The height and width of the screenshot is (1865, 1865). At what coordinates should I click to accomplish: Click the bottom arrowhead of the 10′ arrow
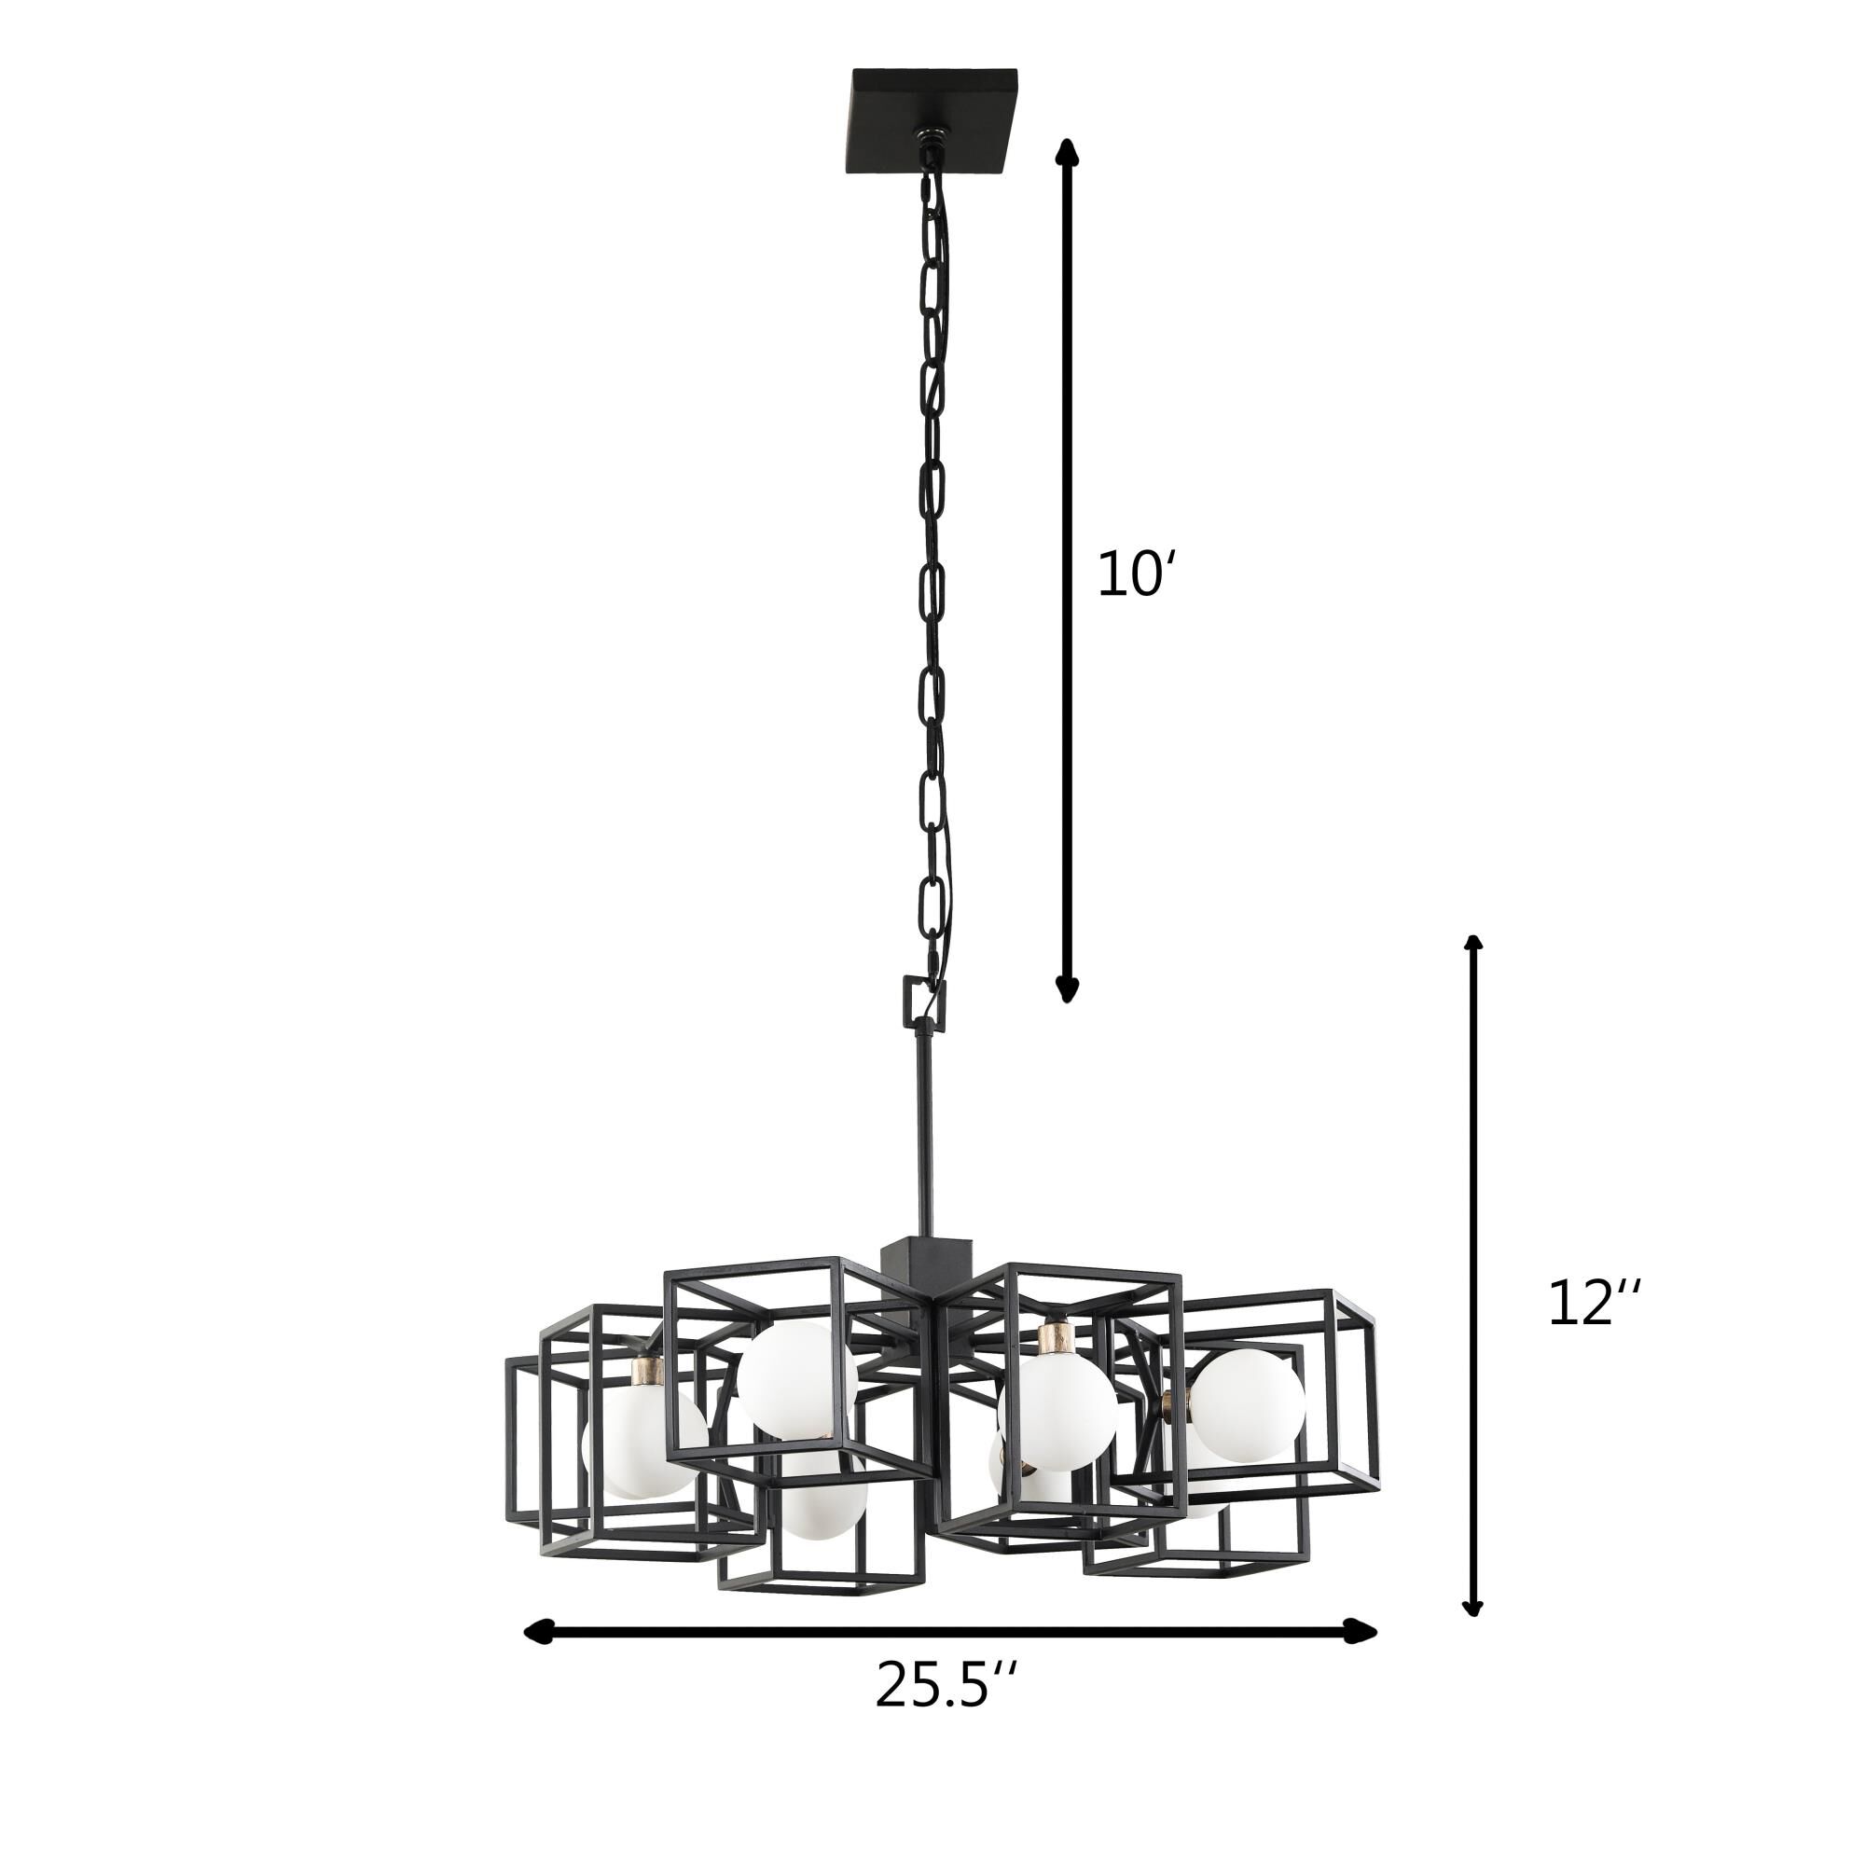pos(1066,990)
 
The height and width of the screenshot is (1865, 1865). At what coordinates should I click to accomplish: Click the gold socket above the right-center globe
pos(1057,1340)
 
